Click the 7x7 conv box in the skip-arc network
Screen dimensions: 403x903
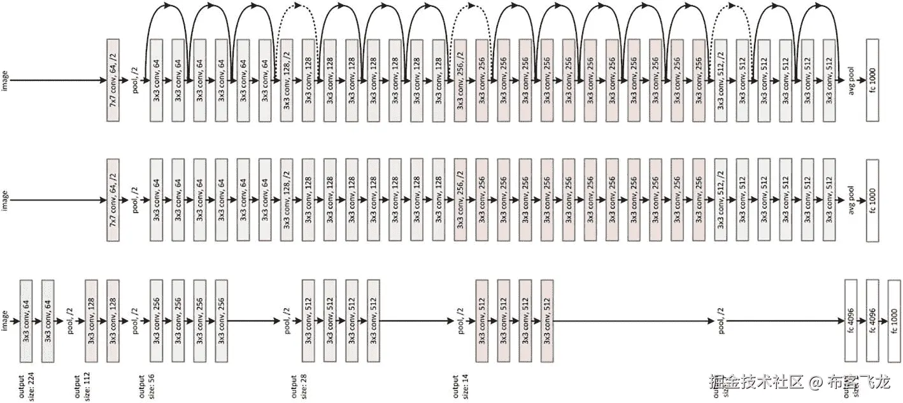pos(113,80)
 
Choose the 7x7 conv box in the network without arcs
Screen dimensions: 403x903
pos(113,200)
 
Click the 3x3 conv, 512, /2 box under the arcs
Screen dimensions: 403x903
pos(721,80)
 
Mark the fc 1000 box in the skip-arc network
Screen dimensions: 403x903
pos(872,80)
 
